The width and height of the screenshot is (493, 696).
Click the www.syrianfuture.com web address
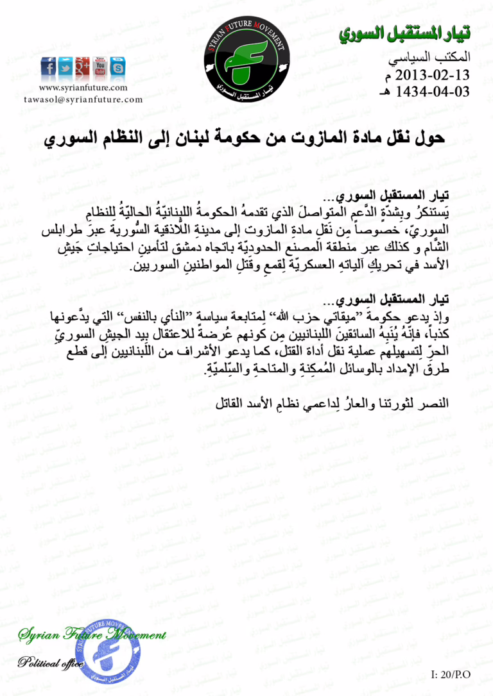pos(83,88)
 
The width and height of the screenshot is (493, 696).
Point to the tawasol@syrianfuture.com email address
pos(83,99)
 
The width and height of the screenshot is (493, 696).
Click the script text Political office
pos(50,663)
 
